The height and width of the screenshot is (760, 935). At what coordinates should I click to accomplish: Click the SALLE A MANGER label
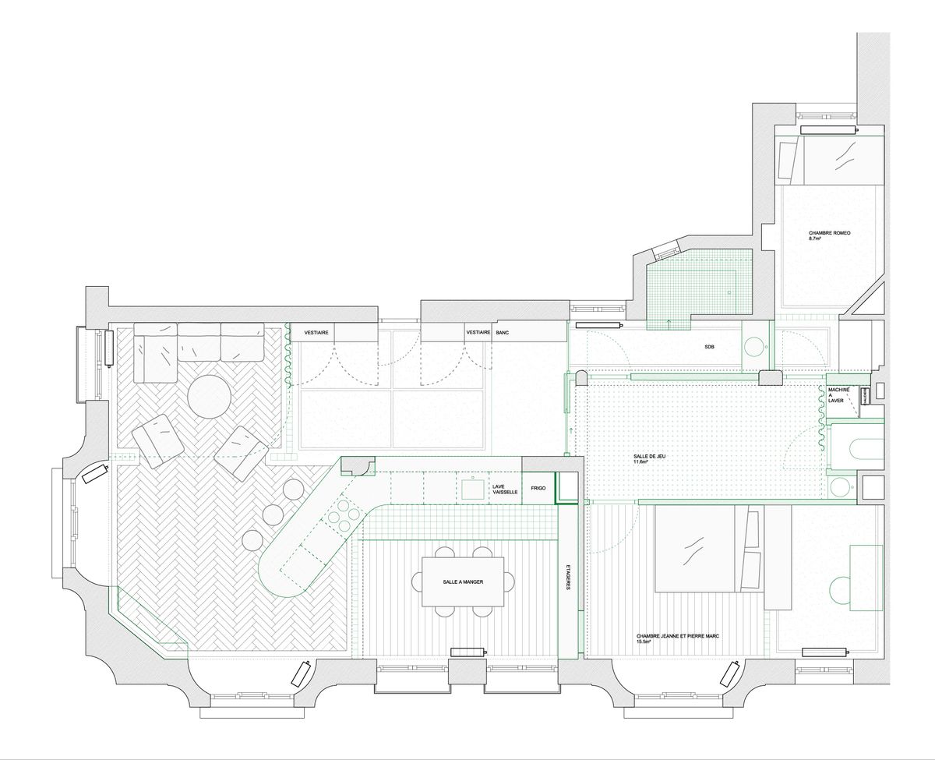(x=463, y=581)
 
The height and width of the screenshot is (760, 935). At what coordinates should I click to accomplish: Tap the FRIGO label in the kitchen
(x=538, y=488)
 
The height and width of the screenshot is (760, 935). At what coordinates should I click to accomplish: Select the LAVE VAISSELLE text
(x=505, y=490)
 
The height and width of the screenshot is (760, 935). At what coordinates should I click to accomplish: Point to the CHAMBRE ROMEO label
(x=824, y=233)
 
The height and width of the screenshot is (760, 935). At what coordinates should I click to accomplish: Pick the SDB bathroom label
(x=709, y=347)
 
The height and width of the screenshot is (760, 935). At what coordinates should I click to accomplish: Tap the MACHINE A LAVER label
(x=838, y=395)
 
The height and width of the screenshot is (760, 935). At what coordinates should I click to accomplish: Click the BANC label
(x=503, y=333)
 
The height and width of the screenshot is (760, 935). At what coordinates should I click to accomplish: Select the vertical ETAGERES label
(x=568, y=577)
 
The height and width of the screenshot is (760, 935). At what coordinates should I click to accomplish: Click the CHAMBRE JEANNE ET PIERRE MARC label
(x=678, y=636)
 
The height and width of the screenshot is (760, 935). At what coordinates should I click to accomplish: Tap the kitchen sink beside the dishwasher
(x=473, y=489)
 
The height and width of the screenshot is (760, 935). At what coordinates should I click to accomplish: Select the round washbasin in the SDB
(x=756, y=345)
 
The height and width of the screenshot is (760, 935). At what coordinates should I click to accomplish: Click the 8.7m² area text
(x=815, y=239)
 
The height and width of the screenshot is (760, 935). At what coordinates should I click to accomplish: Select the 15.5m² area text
(x=644, y=642)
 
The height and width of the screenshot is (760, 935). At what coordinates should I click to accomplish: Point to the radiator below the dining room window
(x=469, y=652)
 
